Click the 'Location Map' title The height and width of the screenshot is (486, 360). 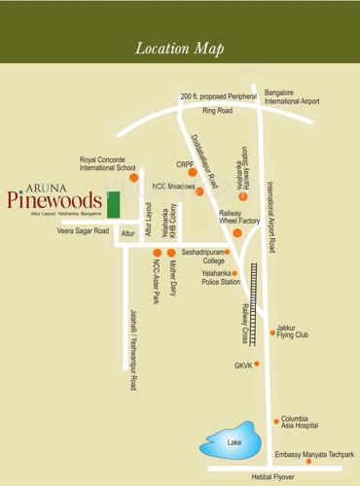click(x=180, y=49)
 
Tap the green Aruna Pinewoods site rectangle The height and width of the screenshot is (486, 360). click(x=113, y=206)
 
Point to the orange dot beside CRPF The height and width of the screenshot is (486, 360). click(x=193, y=172)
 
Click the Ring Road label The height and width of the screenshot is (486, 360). click(x=217, y=111)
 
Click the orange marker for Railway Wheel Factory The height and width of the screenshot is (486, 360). click(x=236, y=233)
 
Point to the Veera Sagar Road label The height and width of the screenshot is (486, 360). click(x=83, y=231)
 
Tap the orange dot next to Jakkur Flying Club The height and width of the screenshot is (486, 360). click(x=272, y=332)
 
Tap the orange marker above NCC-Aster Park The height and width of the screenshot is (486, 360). click(x=157, y=253)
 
